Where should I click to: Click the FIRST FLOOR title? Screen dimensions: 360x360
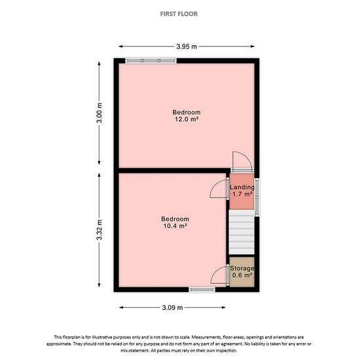click(179, 14)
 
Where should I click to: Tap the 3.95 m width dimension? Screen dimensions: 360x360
click(187, 46)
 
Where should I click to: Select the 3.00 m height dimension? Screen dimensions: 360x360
click(99, 113)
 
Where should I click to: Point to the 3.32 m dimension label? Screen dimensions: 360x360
click(99, 230)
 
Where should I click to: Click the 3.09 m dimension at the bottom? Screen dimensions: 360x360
click(172, 308)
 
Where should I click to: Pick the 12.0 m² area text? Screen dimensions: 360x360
click(187, 119)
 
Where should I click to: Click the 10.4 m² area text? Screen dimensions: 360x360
click(175, 226)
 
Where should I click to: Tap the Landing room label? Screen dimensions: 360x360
click(242, 187)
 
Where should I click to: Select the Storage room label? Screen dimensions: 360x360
click(242, 268)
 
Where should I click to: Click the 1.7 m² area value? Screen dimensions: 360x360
click(242, 194)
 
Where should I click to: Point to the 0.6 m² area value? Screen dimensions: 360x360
click(242, 275)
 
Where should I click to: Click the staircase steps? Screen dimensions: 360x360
click(242, 232)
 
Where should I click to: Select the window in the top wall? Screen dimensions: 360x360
click(151, 61)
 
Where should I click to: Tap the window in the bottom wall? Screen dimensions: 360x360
click(202, 290)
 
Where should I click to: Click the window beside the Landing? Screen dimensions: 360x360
click(257, 198)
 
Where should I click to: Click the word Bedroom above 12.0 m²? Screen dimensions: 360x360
click(187, 113)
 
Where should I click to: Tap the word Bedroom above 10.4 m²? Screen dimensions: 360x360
click(175, 219)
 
